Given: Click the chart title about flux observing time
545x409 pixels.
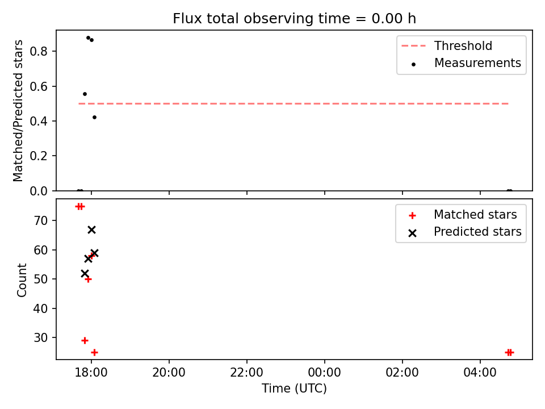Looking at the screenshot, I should (294, 18).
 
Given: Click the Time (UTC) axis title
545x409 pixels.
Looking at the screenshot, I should (294, 389).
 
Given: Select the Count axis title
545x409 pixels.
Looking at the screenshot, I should (22, 279).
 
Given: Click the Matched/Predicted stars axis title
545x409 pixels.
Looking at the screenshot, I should (19, 111).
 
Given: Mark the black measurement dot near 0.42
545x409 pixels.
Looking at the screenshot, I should (94, 118).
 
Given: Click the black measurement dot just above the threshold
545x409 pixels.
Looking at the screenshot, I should (85, 94).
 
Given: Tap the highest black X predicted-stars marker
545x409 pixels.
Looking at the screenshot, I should (91, 229).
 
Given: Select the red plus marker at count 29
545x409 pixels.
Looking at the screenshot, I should (85, 340).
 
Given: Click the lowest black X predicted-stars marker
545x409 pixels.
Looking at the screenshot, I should (85, 273).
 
